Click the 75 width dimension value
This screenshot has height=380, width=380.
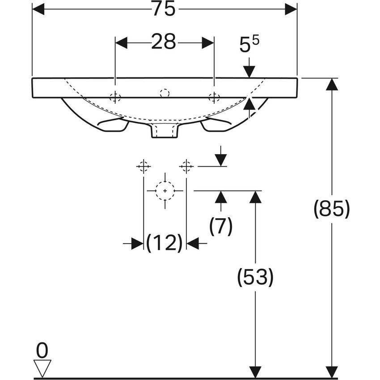coord(164,9)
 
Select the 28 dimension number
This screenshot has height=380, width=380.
coord(164,42)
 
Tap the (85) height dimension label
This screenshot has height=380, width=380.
coord(332,209)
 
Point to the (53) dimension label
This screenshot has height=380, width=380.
coord(255,277)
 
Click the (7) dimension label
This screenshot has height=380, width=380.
coord(221,226)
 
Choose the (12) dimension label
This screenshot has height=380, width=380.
coord(165,243)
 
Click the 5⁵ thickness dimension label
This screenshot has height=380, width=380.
coord(249,44)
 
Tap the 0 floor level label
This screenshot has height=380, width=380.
coord(42,350)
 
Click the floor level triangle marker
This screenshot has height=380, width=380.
coord(42,368)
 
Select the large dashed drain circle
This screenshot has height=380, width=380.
coord(165,191)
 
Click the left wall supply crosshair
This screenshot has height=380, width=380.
coord(144,166)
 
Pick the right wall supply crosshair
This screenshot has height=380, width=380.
coord(186,166)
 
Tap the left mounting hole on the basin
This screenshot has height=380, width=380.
coord(115,97)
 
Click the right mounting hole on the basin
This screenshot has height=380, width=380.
coord(214,97)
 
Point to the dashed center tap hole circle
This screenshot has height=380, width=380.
coord(165,93)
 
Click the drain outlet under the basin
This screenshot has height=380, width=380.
coord(165,131)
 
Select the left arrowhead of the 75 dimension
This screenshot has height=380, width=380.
coord(38,9)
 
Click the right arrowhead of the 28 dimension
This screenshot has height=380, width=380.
coord(208,42)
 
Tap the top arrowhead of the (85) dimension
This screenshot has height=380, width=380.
coord(332,84)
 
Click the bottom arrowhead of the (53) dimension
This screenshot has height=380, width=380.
coord(255,372)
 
